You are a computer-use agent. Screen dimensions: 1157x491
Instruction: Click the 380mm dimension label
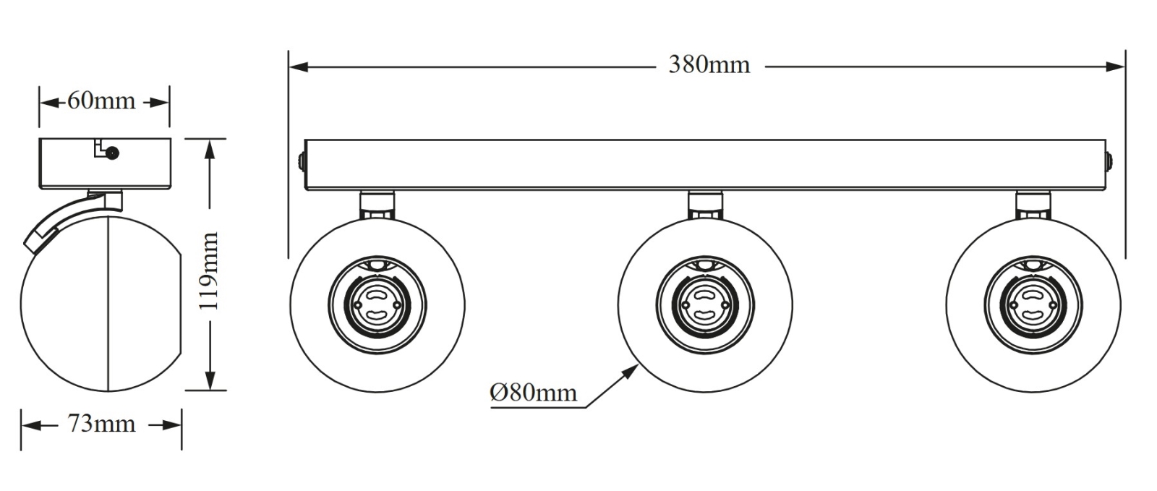[709, 64]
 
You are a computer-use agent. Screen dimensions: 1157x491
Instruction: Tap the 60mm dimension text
[101, 101]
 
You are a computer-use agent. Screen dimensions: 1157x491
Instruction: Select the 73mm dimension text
[101, 424]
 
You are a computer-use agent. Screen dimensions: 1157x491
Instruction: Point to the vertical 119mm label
[209, 271]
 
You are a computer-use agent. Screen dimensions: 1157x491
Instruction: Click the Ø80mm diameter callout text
[533, 393]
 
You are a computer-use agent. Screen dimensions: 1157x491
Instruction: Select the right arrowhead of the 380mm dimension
[1115, 67]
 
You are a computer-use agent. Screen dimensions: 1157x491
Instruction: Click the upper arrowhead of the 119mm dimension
[209, 149]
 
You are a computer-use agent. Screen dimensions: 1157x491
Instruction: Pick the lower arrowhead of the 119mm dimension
[210, 380]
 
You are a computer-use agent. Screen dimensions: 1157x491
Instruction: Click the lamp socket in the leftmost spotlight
[377, 304]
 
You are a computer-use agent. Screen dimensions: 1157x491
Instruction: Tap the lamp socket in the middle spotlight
[705, 304]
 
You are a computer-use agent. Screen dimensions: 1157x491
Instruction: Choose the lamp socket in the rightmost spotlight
[1033, 304]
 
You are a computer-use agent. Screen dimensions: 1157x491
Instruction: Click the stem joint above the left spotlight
[377, 205]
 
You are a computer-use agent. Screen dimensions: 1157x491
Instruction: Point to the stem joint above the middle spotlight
[705, 205]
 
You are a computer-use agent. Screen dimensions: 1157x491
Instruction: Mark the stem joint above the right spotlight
[1033, 205]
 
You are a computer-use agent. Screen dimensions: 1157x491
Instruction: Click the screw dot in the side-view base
[111, 153]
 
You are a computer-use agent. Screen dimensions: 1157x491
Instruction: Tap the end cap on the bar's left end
[302, 163]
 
